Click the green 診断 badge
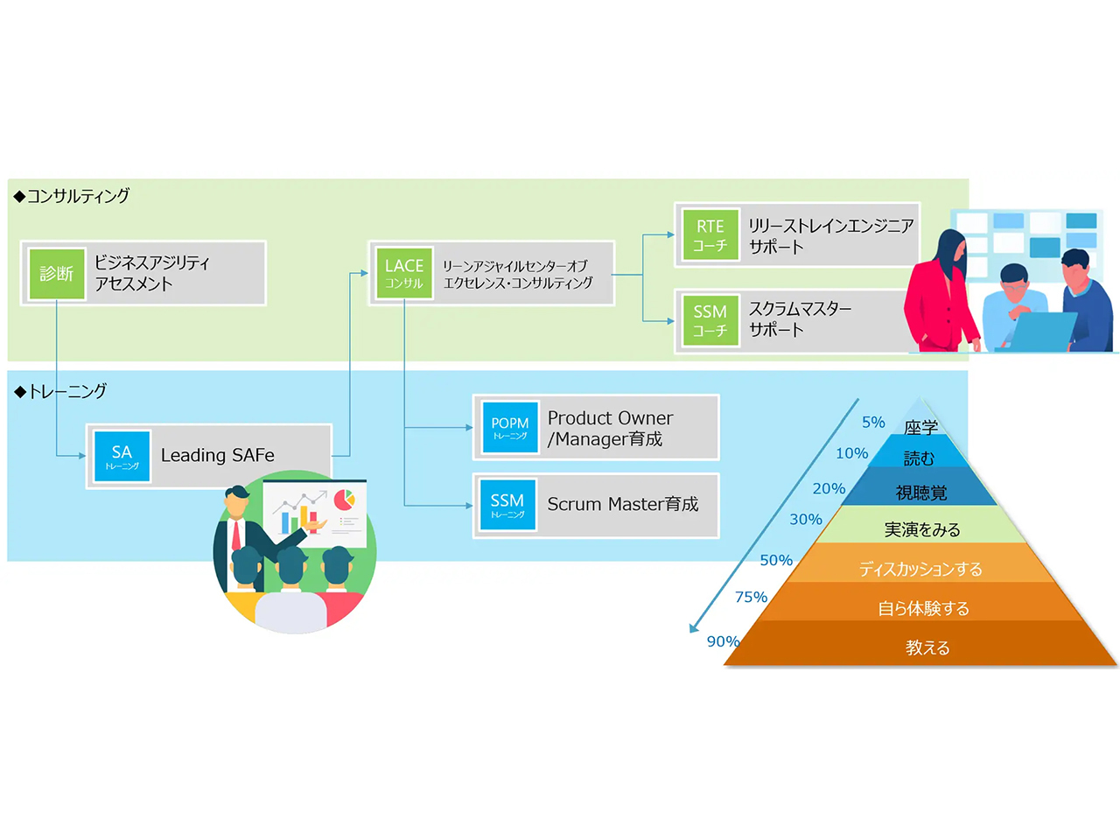point(56,274)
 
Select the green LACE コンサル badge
point(404,273)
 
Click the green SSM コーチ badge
point(710,320)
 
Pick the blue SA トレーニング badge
point(122,456)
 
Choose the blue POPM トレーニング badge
point(509,428)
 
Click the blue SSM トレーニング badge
point(507,505)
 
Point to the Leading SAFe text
point(218,456)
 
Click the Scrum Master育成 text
point(622,505)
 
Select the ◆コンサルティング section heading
point(72,196)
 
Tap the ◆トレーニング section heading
point(60,391)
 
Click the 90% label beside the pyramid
point(723,641)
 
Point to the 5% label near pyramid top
point(873,423)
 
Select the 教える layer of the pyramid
point(926,647)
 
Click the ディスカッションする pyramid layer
point(920,569)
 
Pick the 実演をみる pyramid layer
point(921,529)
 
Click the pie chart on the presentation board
point(345,500)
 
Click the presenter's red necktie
point(236,535)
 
